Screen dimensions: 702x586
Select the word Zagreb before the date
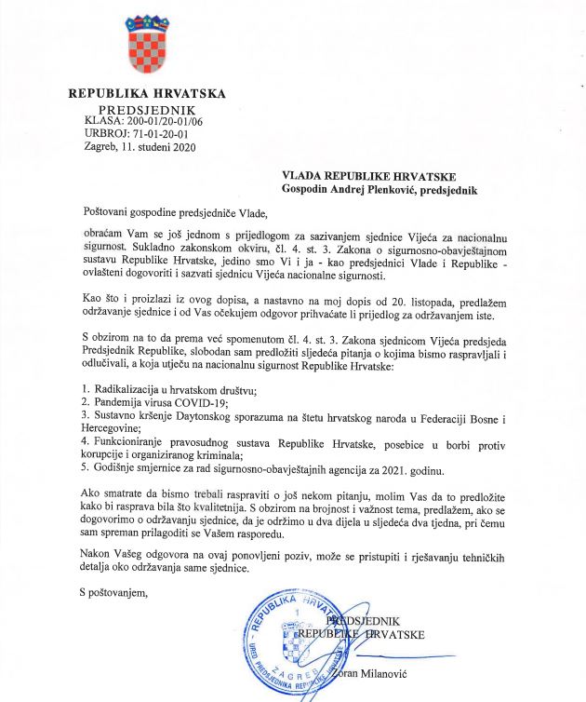tap(99, 146)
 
